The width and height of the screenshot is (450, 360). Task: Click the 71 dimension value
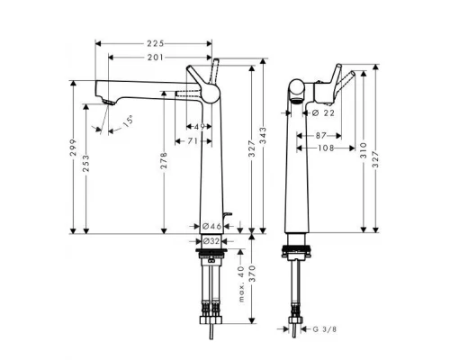193,140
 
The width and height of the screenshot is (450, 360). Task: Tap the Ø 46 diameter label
211,224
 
